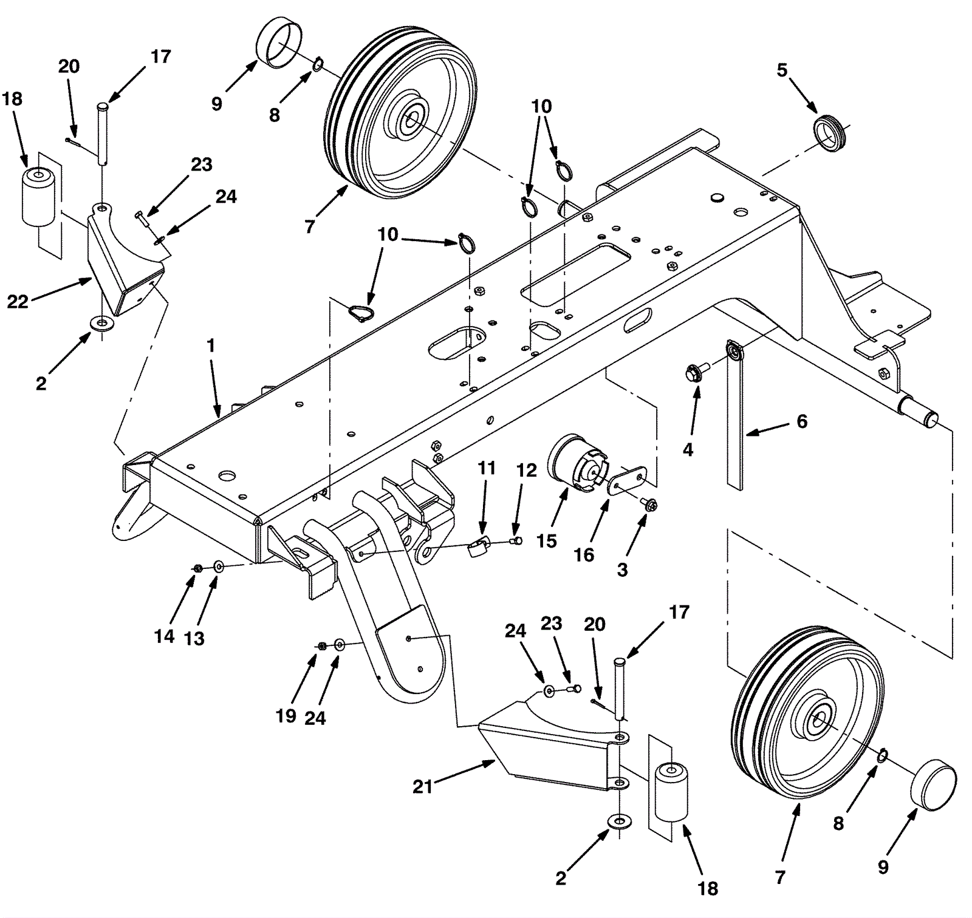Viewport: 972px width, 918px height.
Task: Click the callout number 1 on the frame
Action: point(211,346)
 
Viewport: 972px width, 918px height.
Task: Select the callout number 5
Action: point(782,70)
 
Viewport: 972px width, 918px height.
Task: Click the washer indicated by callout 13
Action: point(219,567)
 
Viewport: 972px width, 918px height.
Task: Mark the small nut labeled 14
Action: point(197,568)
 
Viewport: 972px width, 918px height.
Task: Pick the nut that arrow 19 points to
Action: point(323,645)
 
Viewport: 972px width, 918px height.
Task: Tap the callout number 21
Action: point(422,787)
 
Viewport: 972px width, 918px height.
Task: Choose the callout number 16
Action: point(584,554)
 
